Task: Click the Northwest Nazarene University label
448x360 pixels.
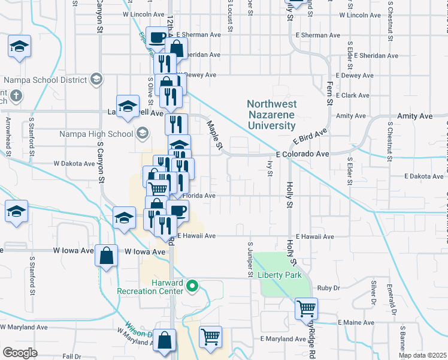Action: [x=271, y=115]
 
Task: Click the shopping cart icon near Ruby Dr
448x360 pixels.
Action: [x=306, y=309]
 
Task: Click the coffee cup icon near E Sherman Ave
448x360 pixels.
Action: [x=158, y=38]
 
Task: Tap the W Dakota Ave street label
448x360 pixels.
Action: [x=74, y=163]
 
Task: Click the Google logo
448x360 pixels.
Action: [x=20, y=352]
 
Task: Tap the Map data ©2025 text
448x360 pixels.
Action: [x=422, y=355]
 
